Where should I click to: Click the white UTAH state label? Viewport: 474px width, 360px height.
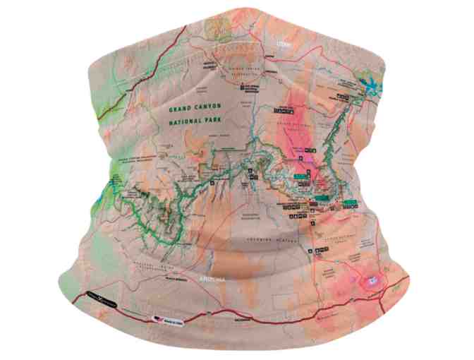284,44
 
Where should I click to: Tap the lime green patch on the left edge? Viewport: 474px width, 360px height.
113,176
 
